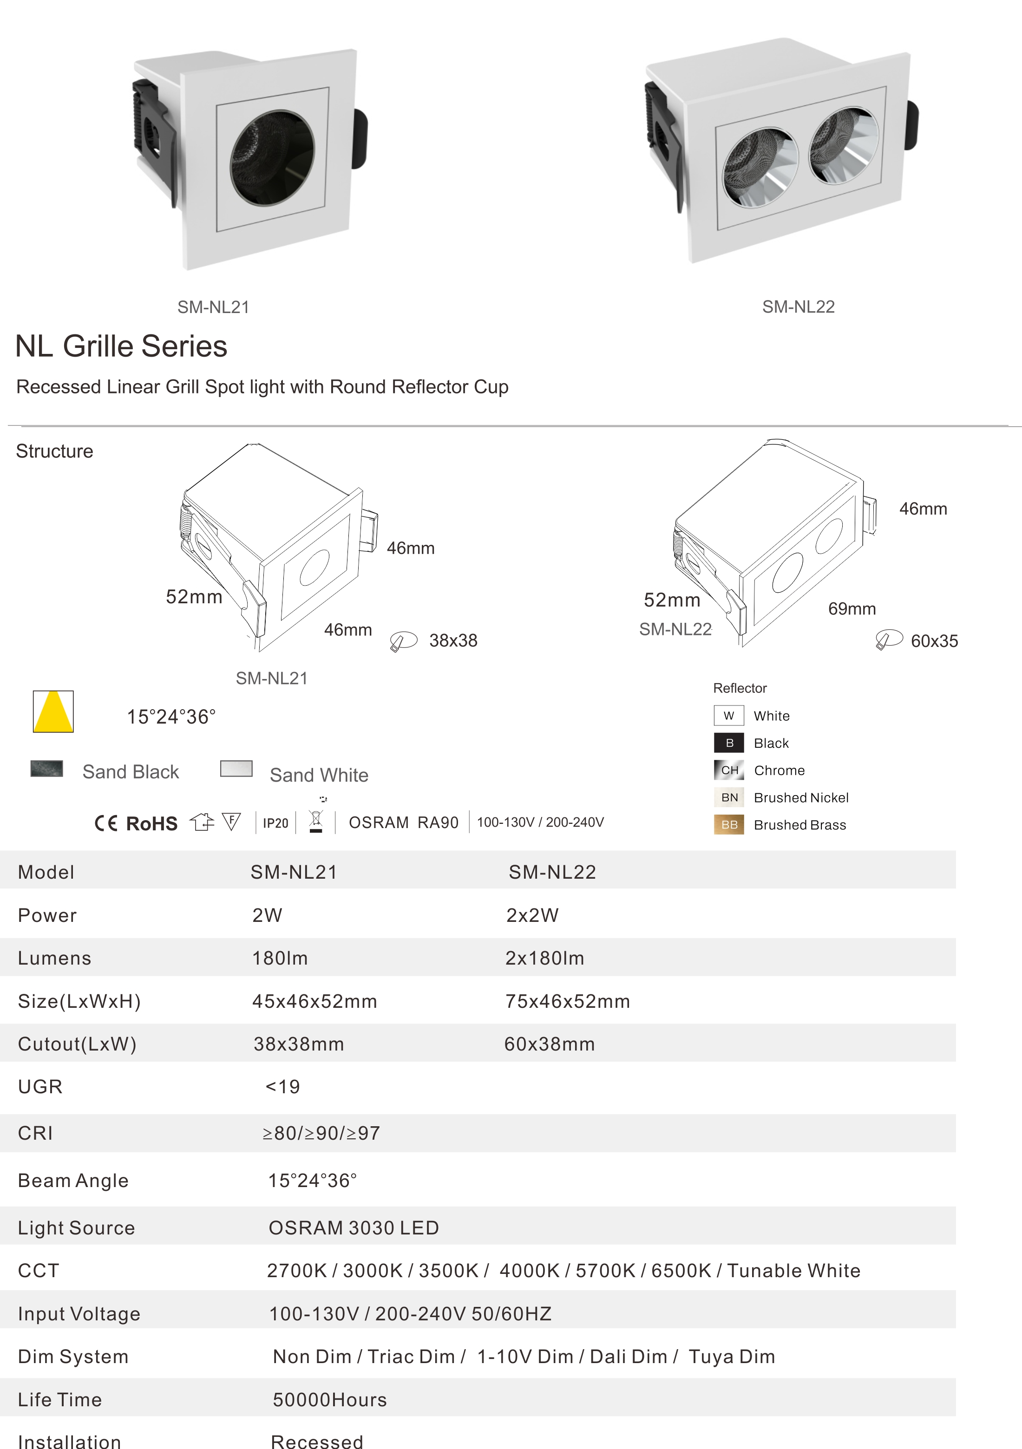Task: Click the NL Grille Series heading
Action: coord(121,346)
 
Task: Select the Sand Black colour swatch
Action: coord(47,768)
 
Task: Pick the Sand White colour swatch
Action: coord(236,768)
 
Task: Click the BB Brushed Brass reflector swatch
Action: coord(729,825)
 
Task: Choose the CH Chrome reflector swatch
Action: coord(729,770)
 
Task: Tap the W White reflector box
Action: coord(729,716)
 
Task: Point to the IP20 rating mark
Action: coord(275,823)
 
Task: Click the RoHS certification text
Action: coord(151,823)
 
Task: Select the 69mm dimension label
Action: coord(852,609)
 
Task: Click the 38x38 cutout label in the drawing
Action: coord(453,640)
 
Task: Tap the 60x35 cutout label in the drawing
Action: coord(934,641)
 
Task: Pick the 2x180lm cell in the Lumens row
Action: coord(545,958)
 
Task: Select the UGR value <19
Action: coord(283,1087)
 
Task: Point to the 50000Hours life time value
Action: coord(329,1400)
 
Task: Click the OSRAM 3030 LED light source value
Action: coord(354,1227)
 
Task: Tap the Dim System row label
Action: coord(73,1357)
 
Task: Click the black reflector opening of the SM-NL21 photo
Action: coord(273,158)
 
